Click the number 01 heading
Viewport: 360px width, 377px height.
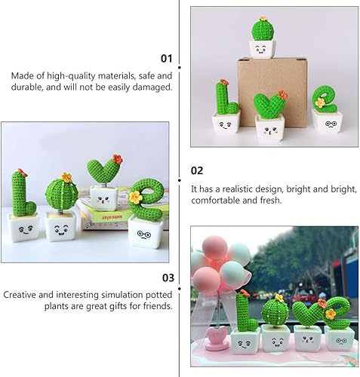coord(166,58)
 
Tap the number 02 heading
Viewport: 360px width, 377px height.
coord(196,170)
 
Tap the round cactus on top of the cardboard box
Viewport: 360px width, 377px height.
coord(263,29)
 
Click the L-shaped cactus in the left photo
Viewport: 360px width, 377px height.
coord(22,192)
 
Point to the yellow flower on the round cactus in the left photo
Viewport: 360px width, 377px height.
coord(66,178)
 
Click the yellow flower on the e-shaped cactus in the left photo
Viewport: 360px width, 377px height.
coord(135,197)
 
